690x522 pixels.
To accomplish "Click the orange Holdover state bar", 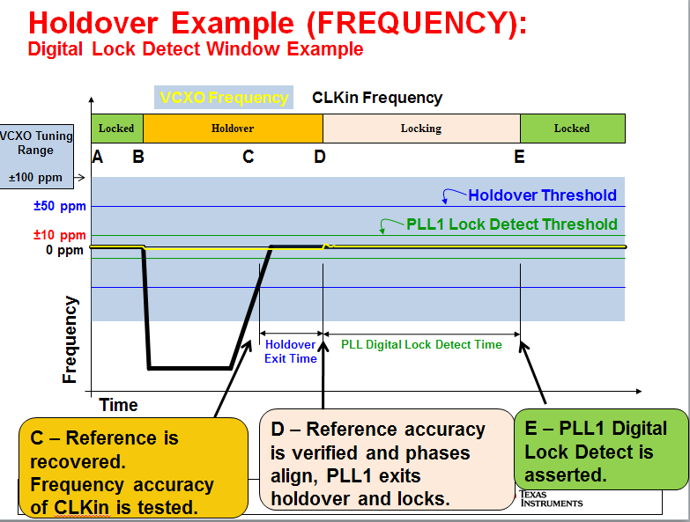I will [233, 129].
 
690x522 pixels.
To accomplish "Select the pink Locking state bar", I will [421, 129].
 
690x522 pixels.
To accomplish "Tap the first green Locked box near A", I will [116, 129].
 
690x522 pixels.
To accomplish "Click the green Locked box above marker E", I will [572, 129].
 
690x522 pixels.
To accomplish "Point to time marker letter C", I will [249, 157].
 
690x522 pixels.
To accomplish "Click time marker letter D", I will [320, 157].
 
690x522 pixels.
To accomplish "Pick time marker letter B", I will [138, 157].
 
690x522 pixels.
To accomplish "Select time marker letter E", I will [520, 157].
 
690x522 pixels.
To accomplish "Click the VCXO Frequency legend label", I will [224, 98].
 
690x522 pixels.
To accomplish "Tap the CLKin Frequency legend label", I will [377, 98].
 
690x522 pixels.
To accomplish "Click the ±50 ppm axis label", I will [60, 207].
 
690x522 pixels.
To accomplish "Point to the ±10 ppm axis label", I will [60, 235].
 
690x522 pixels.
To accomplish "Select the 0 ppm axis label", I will [65, 250].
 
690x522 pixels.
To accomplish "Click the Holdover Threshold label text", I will [542, 195].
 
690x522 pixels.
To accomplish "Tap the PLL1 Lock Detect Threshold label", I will [512, 224].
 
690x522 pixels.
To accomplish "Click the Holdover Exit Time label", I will [290, 352].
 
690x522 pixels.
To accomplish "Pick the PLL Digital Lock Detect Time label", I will [421, 345].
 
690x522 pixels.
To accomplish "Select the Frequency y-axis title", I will [70, 339].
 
